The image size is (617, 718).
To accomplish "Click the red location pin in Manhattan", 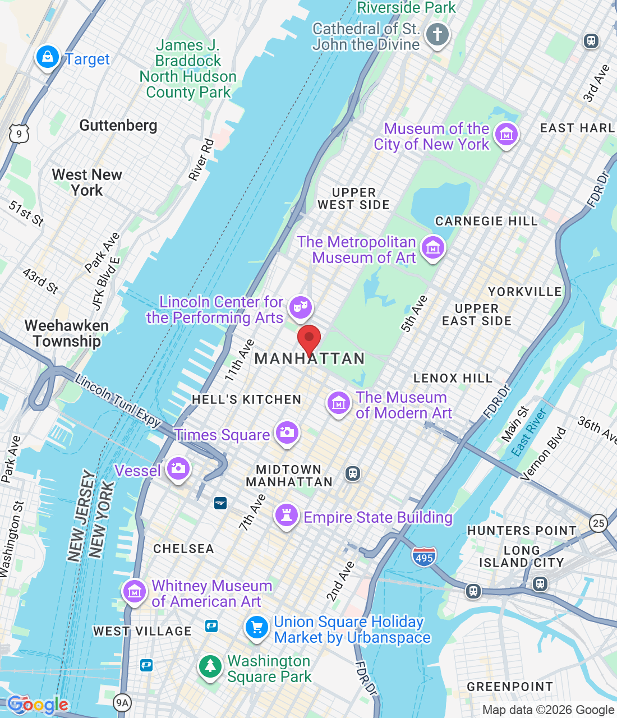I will click(308, 338).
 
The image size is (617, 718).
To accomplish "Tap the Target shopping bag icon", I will click(48, 57).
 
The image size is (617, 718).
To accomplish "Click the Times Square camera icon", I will click(287, 432).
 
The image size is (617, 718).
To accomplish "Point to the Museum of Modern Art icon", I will click(339, 403).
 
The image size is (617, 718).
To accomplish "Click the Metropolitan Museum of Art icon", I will click(433, 247).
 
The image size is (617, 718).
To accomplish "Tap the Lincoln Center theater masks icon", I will click(301, 307).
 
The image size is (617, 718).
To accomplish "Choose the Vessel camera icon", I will click(179, 468).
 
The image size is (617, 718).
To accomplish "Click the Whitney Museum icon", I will click(135, 591).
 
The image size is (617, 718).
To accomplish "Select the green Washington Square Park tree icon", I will click(210, 666).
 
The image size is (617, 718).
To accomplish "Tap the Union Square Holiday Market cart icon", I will click(257, 627).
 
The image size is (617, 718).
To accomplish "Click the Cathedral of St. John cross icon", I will click(438, 35).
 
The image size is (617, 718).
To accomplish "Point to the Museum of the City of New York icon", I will click(507, 135).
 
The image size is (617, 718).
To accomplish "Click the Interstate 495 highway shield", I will click(424, 557).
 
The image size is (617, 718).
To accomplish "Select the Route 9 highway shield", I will click(19, 134).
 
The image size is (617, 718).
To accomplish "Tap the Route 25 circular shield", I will click(598, 523).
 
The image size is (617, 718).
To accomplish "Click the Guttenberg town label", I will click(118, 125).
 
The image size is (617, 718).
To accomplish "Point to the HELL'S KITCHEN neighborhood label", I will click(247, 399).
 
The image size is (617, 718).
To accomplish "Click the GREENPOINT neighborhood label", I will click(510, 687).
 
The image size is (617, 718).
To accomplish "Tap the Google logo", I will click(38, 705).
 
